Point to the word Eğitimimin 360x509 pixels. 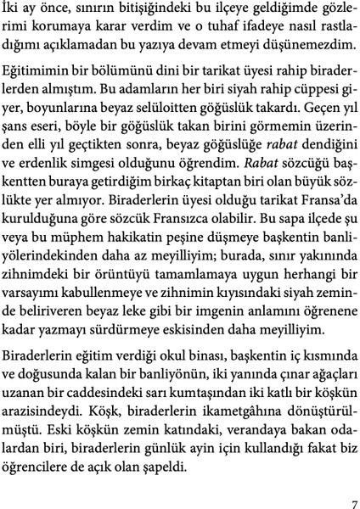(x=49, y=74)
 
